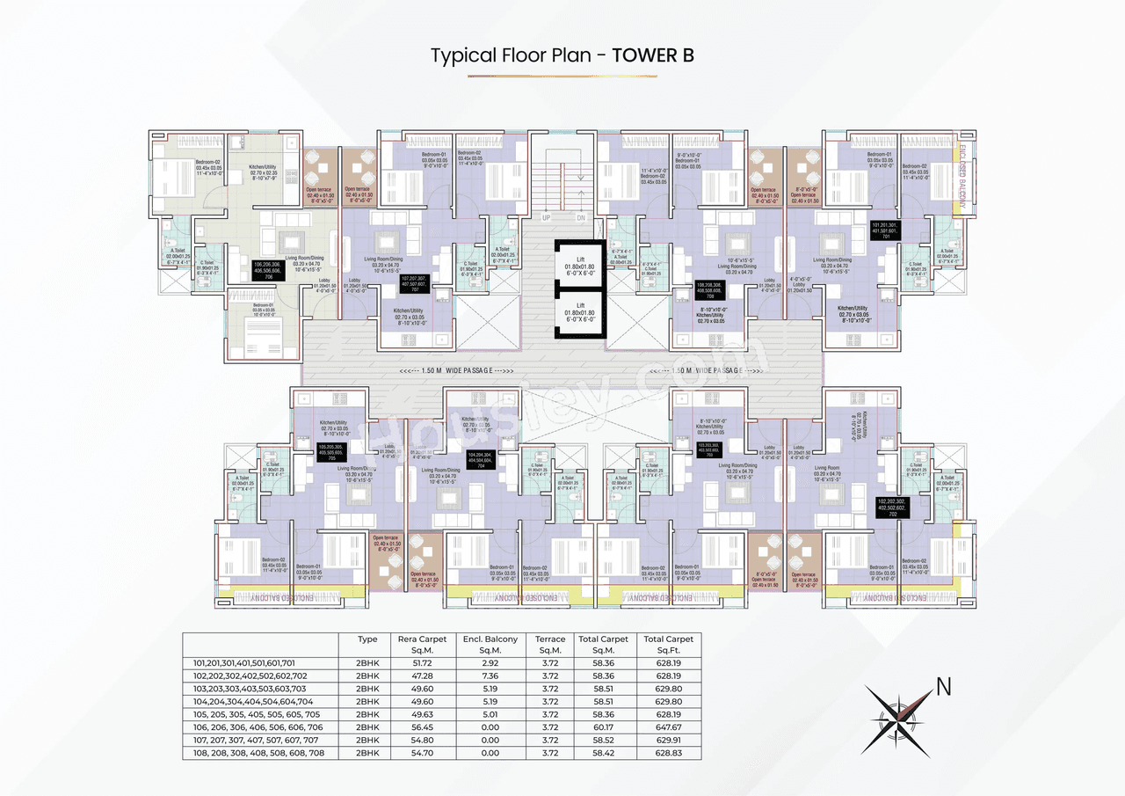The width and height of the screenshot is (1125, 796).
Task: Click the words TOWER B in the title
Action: (653, 55)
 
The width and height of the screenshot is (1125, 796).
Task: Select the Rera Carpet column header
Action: (422, 645)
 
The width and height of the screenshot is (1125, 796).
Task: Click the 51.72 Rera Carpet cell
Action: (422, 664)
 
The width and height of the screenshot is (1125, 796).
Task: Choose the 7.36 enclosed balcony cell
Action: (490, 676)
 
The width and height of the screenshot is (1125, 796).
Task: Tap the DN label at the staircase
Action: (581, 217)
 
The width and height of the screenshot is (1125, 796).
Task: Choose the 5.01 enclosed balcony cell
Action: (490, 715)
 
